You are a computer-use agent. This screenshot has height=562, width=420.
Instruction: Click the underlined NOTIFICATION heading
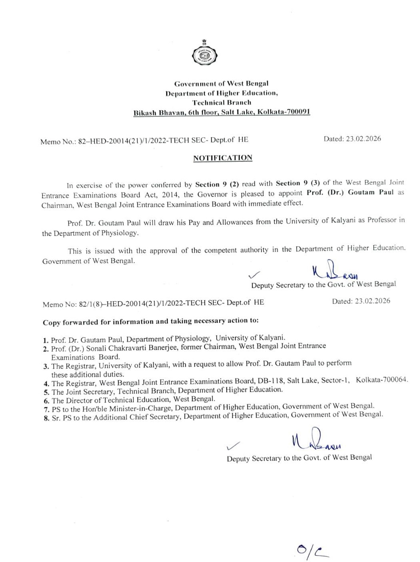(x=223, y=158)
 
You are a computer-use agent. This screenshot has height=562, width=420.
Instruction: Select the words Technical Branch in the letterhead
(x=221, y=102)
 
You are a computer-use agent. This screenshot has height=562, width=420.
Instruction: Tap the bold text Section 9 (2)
(x=217, y=184)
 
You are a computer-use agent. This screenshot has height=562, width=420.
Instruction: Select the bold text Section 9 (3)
(x=297, y=183)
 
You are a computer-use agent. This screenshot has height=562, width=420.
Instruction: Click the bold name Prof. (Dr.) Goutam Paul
(x=350, y=192)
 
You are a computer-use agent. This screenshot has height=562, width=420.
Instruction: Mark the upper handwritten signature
(x=334, y=271)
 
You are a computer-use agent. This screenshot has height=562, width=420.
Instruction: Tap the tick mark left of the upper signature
(x=254, y=275)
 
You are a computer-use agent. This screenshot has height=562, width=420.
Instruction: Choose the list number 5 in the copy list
(x=46, y=392)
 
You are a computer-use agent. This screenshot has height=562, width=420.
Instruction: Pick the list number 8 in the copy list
(x=46, y=418)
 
